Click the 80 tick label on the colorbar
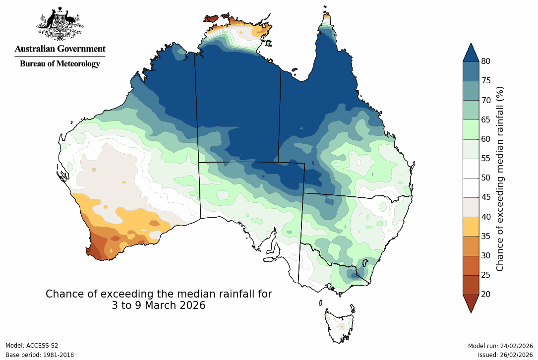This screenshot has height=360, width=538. pyautogui.click(x=485, y=61)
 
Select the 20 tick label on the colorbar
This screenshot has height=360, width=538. pyautogui.click(x=485, y=294)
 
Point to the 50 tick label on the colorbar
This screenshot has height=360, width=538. pyautogui.click(x=485, y=178)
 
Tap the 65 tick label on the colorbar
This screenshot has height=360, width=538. pyautogui.click(x=485, y=120)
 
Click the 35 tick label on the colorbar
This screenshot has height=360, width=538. pyautogui.click(x=485, y=236)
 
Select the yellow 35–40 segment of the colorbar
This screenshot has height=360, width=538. pyautogui.click(x=471, y=226)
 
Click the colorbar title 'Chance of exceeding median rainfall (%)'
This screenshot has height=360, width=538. pyautogui.click(x=500, y=178)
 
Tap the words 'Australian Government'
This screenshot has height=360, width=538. pyautogui.click(x=60, y=49)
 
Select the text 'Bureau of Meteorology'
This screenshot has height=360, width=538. pyautogui.click(x=60, y=63)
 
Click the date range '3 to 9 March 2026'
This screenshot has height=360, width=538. pyautogui.click(x=159, y=305)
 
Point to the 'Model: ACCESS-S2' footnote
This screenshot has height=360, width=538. pyautogui.click(x=32, y=346)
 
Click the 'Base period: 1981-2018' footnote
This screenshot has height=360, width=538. pyautogui.click(x=40, y=355)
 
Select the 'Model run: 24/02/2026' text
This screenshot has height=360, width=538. pyautogui.click(x=500, y=346)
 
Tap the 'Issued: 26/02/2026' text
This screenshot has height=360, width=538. pyautogui.click(x=505, y=355)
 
